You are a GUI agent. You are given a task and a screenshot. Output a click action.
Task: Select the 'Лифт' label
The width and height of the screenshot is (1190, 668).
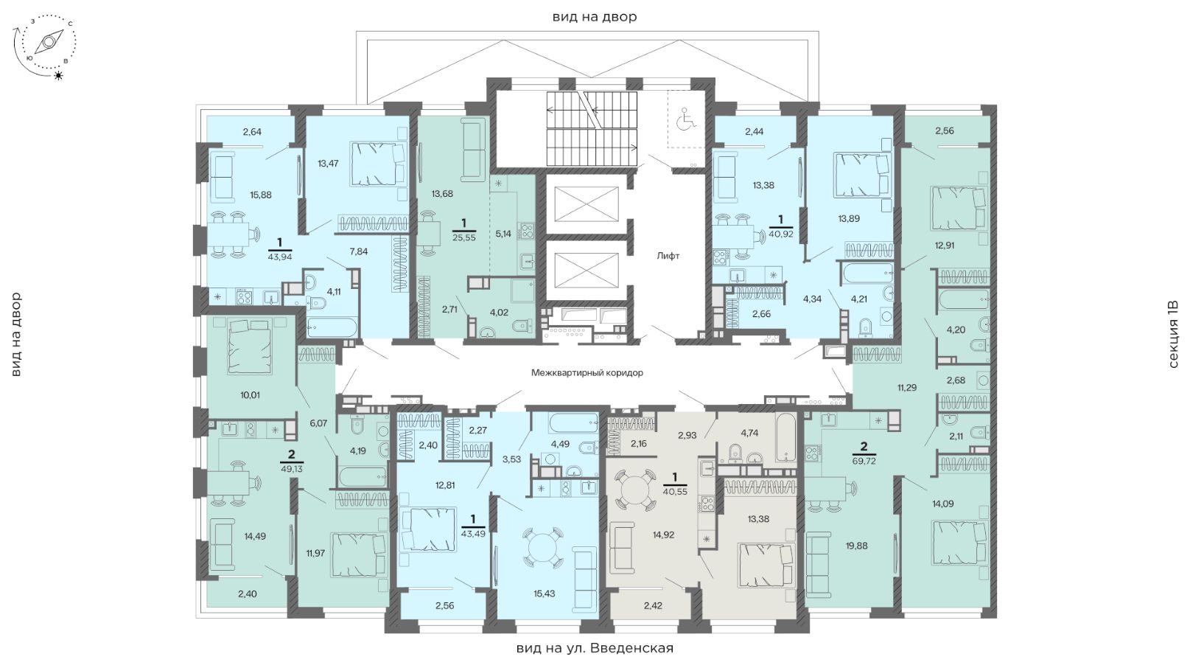pyautogui.click(x=668, y=256)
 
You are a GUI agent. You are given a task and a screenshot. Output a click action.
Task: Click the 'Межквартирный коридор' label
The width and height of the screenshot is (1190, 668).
pyautogui.click(x=587, y=372)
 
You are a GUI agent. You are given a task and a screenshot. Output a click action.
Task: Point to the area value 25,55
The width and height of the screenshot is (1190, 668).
pyautogui.click(x=463, y=237)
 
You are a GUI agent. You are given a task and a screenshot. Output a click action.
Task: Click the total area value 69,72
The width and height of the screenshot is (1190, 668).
pyautogui.click(x=864, y=461)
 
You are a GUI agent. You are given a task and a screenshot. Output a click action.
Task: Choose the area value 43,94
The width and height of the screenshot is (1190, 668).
pyautogui.click(x=280, y=257)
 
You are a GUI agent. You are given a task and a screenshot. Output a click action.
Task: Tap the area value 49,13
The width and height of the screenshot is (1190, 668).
pyautogui.click(x=291, y=469)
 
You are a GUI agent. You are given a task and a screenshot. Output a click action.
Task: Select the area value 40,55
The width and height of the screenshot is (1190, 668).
pyautogui.click(x=675, y=492)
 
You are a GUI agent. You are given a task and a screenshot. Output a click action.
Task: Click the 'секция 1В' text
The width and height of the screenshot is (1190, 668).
pyautogui.click(x=1174, y=334)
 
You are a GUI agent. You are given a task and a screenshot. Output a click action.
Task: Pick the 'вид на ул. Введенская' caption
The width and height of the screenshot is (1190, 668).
pyautogui.click(x=595, y=648)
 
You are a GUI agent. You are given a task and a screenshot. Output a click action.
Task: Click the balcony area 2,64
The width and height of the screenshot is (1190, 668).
pyautogui.click(x=252, y=132)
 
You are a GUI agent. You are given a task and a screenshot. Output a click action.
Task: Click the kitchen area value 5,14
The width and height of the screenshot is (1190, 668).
pyautogui.click(x=503, y=233)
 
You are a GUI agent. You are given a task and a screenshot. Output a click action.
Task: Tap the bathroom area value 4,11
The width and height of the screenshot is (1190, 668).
pyautogui.click(x=334, y=291)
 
